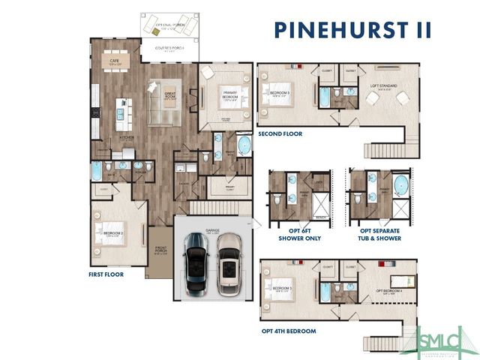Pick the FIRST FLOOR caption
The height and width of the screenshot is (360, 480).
coord(107,274)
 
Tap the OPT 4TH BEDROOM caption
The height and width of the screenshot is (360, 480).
coord(289,331)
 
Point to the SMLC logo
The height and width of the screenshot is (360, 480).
coord(439,341)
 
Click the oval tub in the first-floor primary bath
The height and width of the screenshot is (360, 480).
coord(244,144)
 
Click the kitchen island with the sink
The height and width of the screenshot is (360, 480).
coord(121,112)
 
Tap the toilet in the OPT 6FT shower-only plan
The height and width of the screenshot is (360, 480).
coord(277,199)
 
